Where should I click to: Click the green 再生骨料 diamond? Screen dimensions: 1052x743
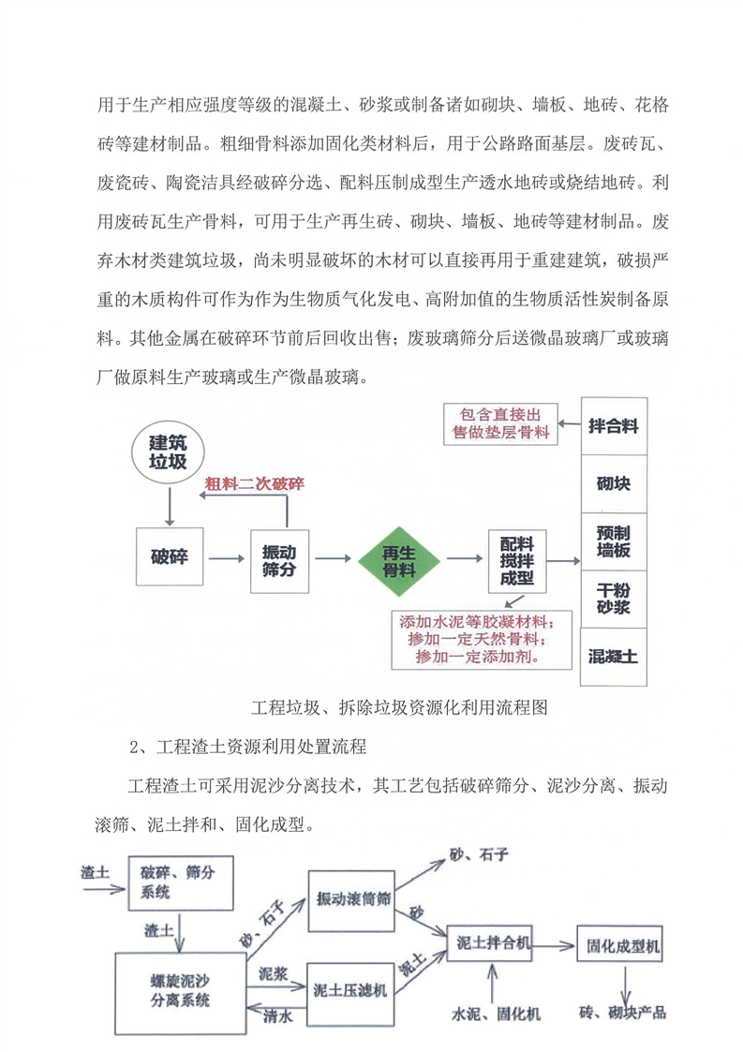[398, 559]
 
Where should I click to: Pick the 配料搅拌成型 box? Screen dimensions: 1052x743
[516, 560]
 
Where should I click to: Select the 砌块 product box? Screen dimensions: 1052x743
[613, 484]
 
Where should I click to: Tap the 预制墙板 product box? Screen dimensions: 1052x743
[613, 541]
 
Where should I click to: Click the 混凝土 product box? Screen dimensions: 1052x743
[613, 656]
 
